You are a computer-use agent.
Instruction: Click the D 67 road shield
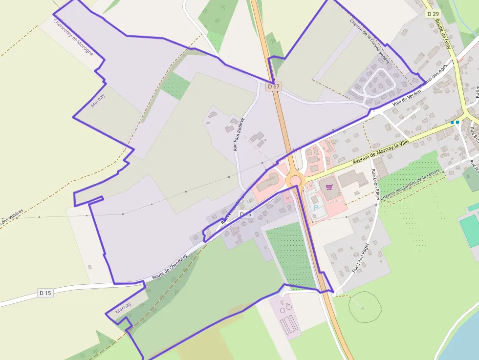click(x=274, y=86)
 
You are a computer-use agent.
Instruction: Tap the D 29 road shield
click(x=432, y=14)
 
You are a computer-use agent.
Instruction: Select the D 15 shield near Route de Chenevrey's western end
click(x=45, y=293)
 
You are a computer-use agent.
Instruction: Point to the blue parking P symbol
click(x=315, y=208)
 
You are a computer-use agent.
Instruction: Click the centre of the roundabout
click(x=295, y=181)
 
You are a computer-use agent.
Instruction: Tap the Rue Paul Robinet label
click(x=239, y=134)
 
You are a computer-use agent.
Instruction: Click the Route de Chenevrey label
click(x=170, y=268)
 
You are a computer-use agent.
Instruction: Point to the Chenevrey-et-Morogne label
click(x=73, y=37)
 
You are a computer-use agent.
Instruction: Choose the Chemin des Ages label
click(x=433, y=77)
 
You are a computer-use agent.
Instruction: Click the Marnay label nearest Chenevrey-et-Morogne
click(x=98, y=100)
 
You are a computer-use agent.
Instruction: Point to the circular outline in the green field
click(x=365, y=307)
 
